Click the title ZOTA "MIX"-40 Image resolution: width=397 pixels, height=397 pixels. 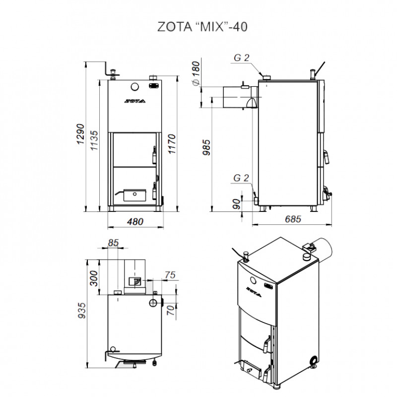[x=202, y=27]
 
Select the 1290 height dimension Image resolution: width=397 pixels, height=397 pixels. [x=80, y=134]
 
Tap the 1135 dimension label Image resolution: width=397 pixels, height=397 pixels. [x=94, y=140]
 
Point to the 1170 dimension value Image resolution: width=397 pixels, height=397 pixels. [x=172, y=144]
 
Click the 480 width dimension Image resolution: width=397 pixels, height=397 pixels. [x=135, y=222]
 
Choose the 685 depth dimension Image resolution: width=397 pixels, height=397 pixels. [x=293, y=219]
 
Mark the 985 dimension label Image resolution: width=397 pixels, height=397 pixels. [x=206, y=147]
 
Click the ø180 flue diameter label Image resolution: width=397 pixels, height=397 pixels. [x=196, y=73]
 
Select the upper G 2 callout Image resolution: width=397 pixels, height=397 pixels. [x=242, y=58]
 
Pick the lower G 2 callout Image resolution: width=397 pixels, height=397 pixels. [x=241, y=178]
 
